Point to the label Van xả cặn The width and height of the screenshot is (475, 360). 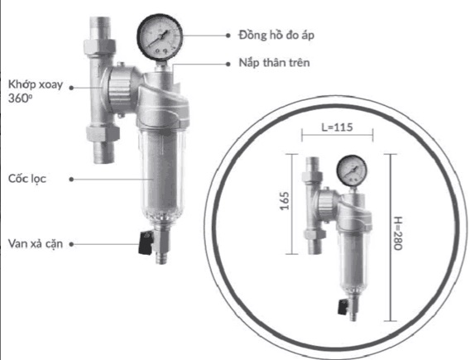point(36,243)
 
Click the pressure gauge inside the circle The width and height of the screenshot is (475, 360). point(352,171)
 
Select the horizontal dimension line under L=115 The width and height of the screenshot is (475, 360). point(338,141)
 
